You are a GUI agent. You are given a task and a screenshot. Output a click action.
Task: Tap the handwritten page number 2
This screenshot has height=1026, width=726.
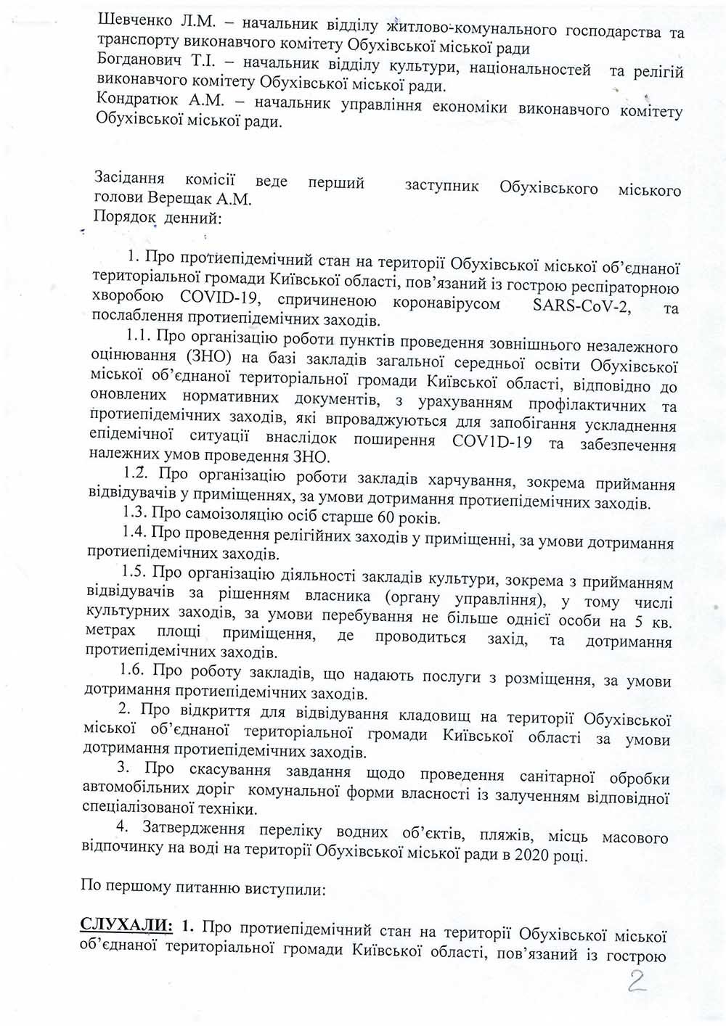(637, 982)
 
